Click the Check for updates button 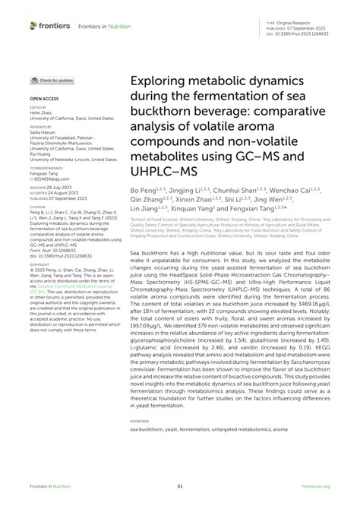click(52, 80)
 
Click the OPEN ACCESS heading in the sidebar click(46, 99)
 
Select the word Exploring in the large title click(159, 80)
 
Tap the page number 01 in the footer click(180, 487)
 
